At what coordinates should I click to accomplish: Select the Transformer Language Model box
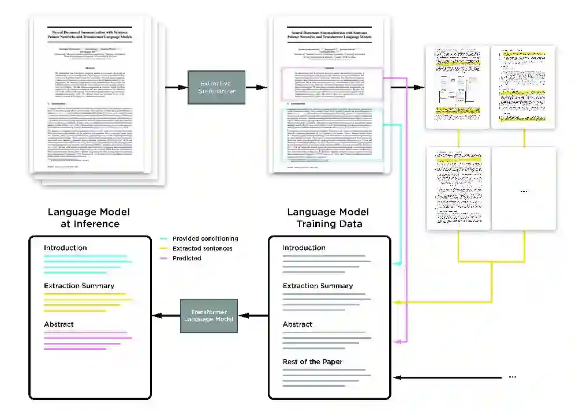(x=209, y=316)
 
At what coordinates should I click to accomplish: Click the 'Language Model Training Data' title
(x=329, y=218)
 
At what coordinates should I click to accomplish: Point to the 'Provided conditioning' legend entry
(x=205, y=238)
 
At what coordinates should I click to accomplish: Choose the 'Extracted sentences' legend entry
(x=202, y=248)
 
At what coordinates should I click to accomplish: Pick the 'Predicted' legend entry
(x=186, y=258)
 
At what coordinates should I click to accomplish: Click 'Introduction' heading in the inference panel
(x=65, y=248)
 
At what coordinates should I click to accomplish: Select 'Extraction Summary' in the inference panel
(x=79, y=286)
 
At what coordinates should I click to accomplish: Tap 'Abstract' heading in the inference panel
(x=59, y=324)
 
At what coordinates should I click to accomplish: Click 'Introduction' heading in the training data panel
(x=304, y=248)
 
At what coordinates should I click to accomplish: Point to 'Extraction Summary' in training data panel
(x=317, y=286)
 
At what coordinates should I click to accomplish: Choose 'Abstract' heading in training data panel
(x=297, y=324)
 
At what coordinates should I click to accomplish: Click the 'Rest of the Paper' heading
(x=312, y=362)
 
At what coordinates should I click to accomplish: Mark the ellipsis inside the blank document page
(x=524, y=190)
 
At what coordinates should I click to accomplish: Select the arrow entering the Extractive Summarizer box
(x=175, y=87)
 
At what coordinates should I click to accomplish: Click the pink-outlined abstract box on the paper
(x=331, y=84)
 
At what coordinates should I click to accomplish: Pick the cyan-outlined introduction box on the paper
(x=331, y=133)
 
